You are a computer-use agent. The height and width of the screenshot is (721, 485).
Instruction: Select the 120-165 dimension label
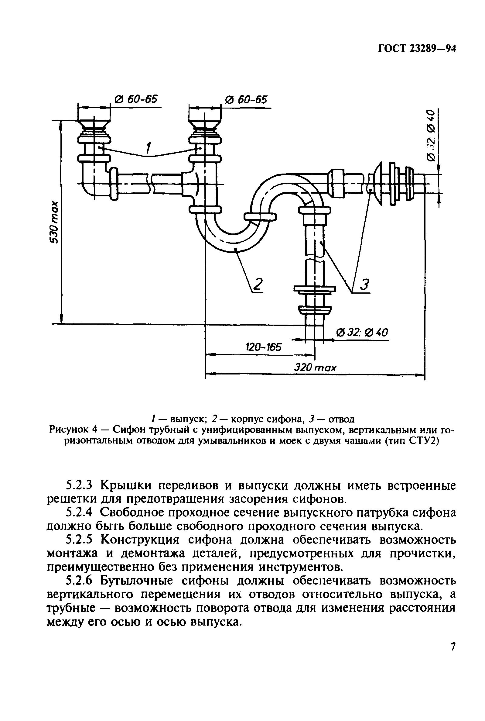[x=264, y=347]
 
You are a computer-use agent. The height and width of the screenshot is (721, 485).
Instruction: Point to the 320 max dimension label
[x=315, y=368]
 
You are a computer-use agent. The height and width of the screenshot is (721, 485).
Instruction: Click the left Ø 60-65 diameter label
[x=136, y=100]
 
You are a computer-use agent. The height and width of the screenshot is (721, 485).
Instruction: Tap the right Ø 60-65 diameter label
[x=246, y=100]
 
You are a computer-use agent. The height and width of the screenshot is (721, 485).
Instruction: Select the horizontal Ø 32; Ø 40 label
[x=362, y=333]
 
